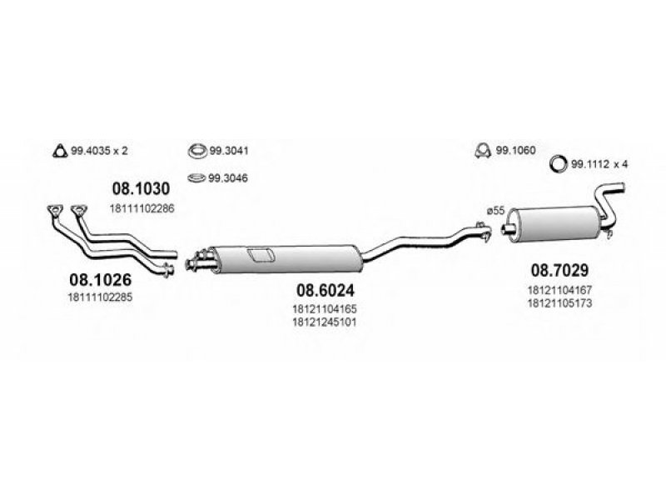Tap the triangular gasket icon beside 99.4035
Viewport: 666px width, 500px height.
58,151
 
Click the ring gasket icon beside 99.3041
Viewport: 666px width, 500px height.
197,151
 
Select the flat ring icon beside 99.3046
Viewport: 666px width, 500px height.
197,177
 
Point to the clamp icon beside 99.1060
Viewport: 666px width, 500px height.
481,151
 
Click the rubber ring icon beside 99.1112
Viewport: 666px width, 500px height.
561,164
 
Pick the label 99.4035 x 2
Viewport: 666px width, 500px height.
104,151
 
